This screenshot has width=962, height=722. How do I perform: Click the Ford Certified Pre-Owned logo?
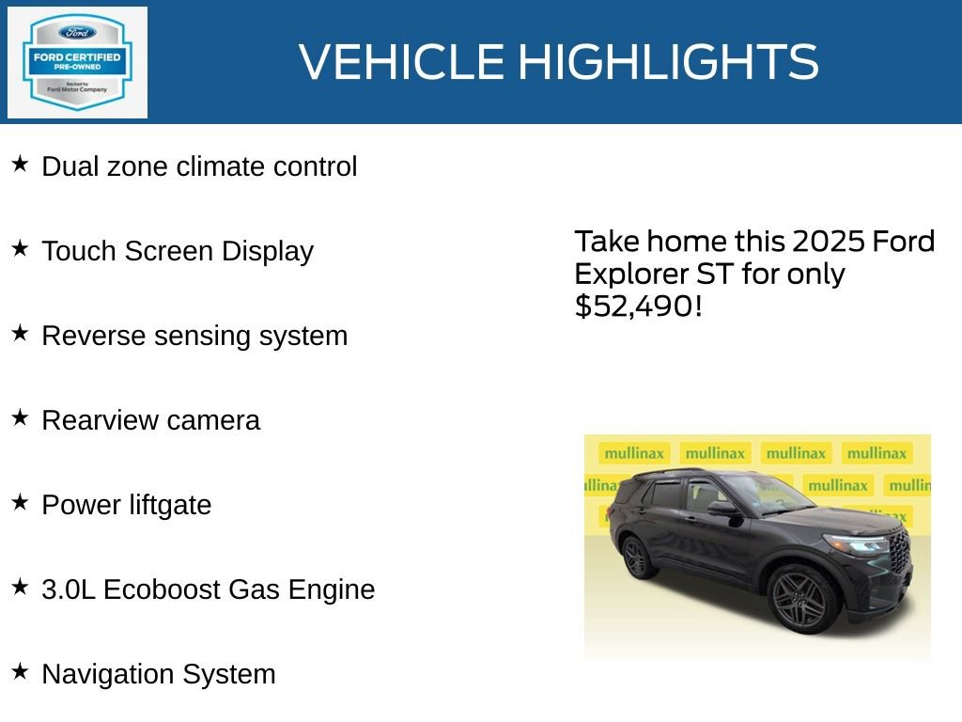point(77,63)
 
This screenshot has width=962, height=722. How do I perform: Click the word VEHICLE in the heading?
point(402,62)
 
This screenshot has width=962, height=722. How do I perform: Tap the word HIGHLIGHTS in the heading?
point(668,62)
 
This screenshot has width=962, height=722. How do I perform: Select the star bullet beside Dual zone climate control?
point(20,165)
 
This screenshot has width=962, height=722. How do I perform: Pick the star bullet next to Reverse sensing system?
point(20,334)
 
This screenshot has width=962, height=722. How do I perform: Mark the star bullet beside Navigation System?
point(20,672)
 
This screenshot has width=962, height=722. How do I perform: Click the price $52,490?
point(638,306)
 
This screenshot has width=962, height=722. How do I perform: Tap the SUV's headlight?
point(854,543)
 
